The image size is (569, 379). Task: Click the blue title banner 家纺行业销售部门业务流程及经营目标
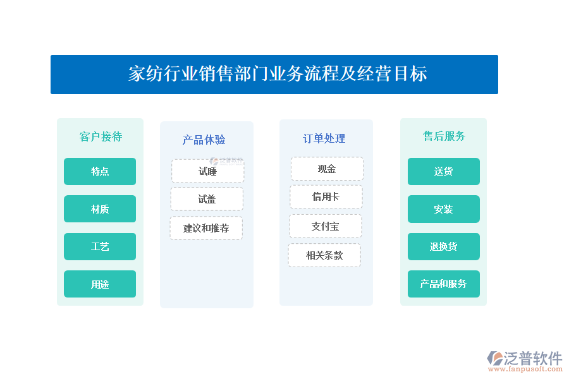[274, 75]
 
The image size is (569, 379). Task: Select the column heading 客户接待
[101, 136]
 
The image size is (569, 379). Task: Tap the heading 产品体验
[204, 140]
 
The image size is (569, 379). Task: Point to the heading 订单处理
[324, 138]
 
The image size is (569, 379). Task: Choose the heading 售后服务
[444, 136]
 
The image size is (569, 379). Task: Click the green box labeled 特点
[100, 171]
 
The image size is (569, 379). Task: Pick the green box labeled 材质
[100, 209]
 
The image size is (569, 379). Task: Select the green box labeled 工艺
[100, 246]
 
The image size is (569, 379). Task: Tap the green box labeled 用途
[100, 284]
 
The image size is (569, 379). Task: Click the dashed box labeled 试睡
[207, 171]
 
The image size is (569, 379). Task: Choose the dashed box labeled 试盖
[207, 199]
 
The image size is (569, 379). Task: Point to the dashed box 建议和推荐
[206, 228]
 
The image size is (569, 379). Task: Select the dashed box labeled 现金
[327, 169]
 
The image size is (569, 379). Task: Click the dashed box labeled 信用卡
[326, 196]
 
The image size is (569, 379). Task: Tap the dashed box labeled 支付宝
[325, 226]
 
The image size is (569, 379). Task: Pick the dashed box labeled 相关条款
[324, 255]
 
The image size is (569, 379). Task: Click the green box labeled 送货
[443, 171]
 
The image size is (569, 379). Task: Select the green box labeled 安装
[443, 209]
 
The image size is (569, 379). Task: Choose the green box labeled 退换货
[443, 246]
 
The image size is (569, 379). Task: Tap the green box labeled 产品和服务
[443, 284]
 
